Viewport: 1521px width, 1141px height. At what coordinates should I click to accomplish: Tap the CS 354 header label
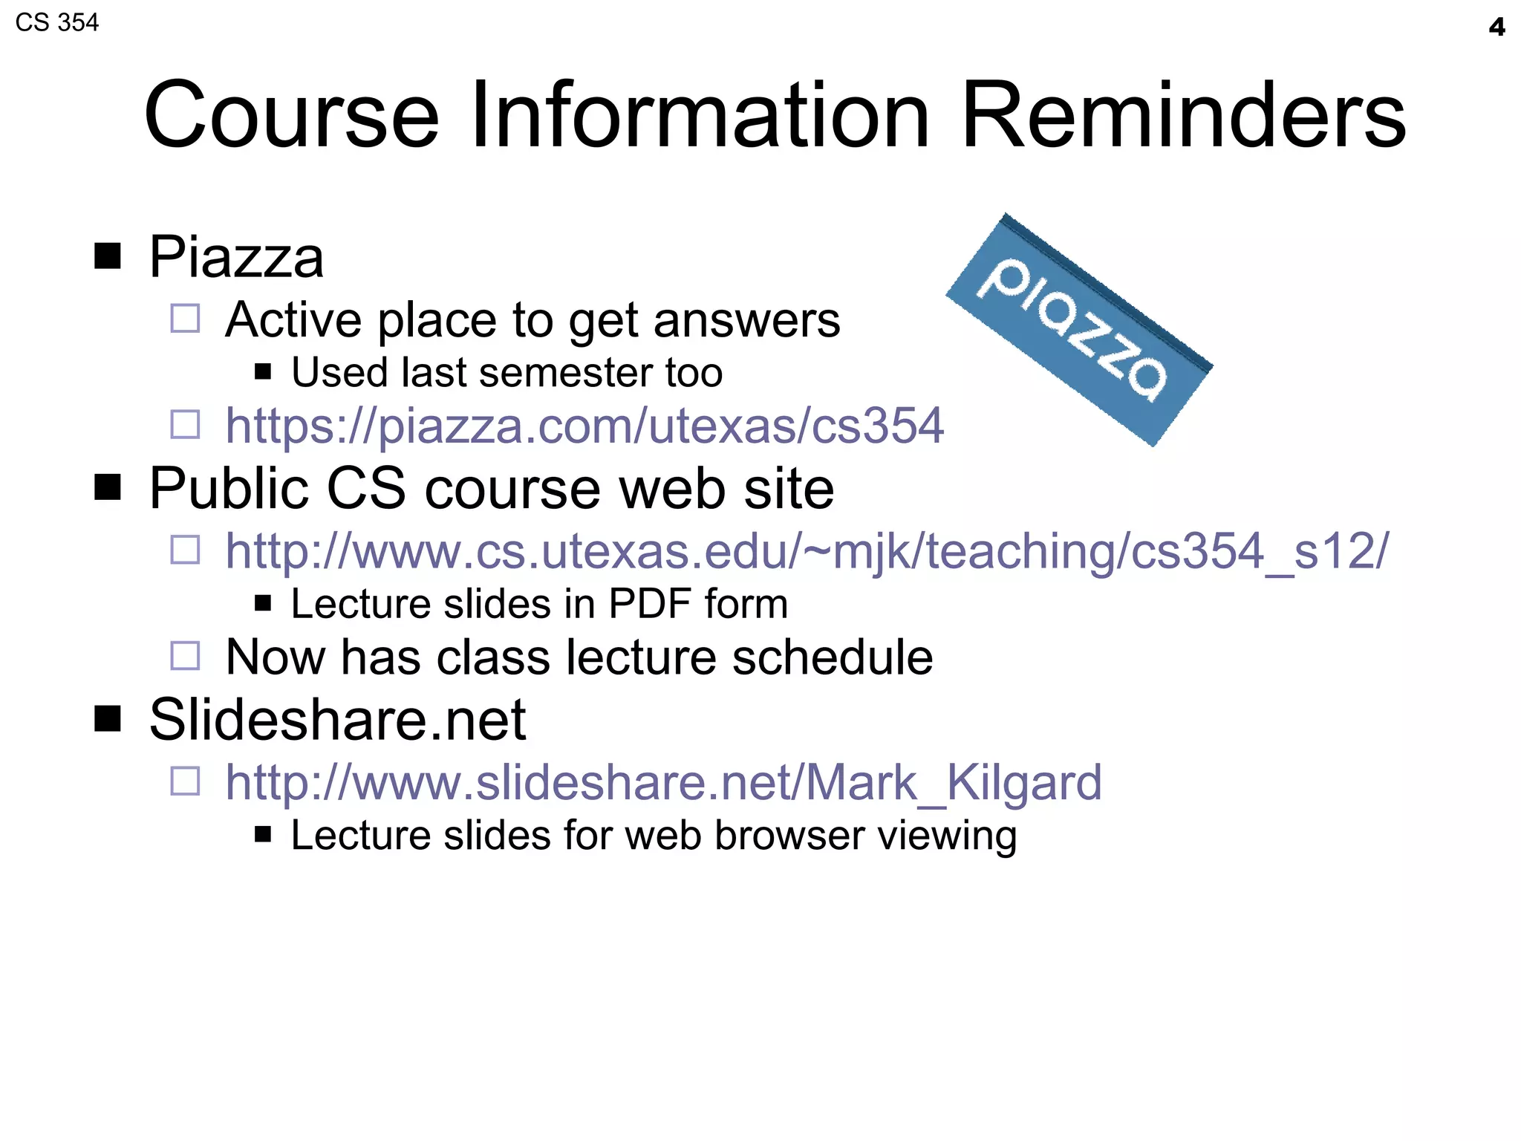(57, 23)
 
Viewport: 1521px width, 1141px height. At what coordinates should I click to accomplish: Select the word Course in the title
(292, 116)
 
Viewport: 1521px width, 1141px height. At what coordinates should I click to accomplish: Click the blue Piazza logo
(1078, 330)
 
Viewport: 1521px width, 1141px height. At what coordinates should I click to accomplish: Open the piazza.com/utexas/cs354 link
(584, 426)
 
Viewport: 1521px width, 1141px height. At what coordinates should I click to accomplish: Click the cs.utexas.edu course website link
(806, 551)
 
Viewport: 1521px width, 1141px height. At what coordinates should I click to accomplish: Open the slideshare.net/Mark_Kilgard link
(663, 782)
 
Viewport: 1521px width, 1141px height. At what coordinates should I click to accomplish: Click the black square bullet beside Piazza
(108, 256)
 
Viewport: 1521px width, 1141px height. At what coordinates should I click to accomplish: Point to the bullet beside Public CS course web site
(108, 488)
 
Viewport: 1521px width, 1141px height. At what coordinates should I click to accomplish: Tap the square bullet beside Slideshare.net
(108, 719)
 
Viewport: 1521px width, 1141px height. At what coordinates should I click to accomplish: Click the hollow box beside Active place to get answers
(185, 319)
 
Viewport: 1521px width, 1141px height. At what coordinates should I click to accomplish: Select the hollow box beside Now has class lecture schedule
(185, 656)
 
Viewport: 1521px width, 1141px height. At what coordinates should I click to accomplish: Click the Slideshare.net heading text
(337, 720)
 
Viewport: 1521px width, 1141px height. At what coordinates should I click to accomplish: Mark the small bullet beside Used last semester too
(262, 371)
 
